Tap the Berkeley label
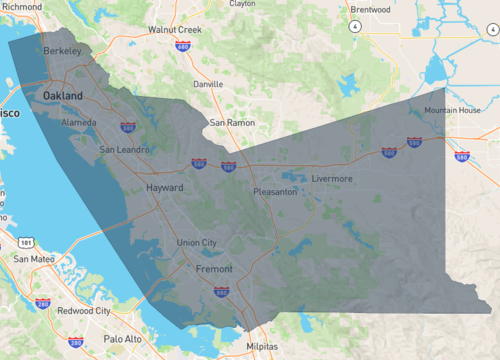pyautogui.click(x=62, y=49)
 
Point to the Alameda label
pyautogui.click(x=79, y=122)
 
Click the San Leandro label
pyautogui.click(x=125, y=150)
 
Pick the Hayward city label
pyautogui.click(x=166, y=187)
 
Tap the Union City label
pyautogui.click(x=196, y=243)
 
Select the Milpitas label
pyautogui.click(x=263, y=347)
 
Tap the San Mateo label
pyautogui.click(x=33, y=259)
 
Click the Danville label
pyautogui.click(x=208, y=85)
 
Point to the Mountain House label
pyautogui.click(x=452, y=110)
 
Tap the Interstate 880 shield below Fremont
pyautogui.click(x=221, y=292)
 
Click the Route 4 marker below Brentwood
pyautogui.click(x=354, y=27)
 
